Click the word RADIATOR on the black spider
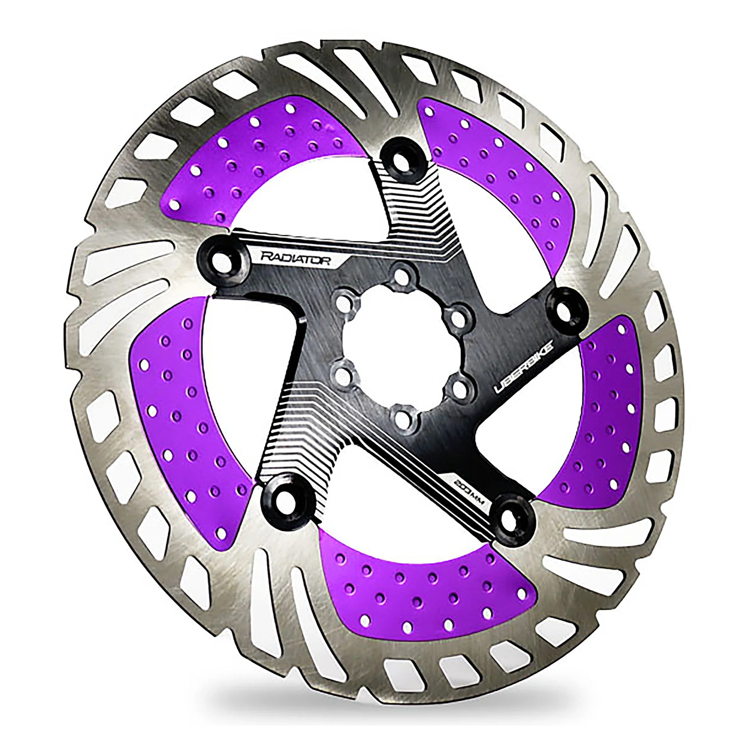click(x=295, y=259)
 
